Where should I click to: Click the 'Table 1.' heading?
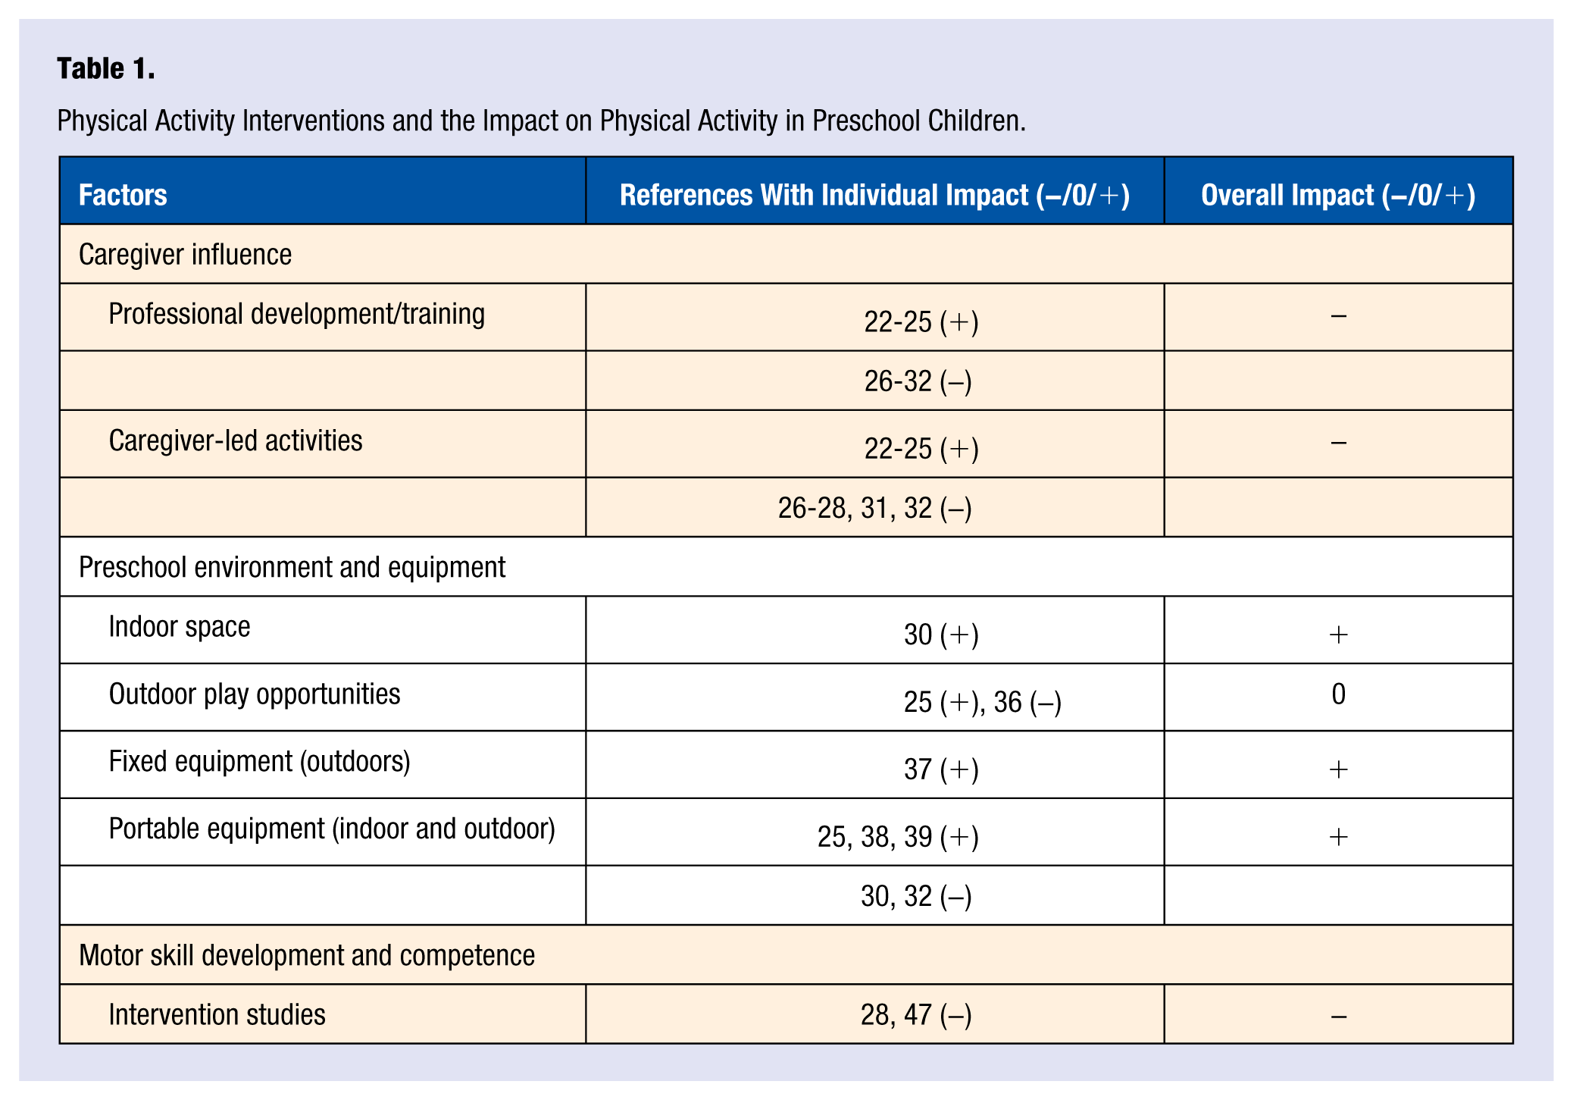point(106,69)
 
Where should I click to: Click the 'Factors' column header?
point(123,195)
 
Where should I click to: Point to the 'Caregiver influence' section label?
point(185,255)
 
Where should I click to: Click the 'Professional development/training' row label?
point(297,314)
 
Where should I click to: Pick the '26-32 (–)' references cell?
point(918,381)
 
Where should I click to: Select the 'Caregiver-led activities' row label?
point(236,440)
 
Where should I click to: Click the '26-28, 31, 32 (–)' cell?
point(874,508)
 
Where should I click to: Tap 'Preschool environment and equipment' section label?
point(292,567)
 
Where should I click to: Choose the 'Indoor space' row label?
point(180,627)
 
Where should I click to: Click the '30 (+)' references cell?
point(941,635)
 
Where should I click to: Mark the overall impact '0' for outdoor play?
point(1338,694)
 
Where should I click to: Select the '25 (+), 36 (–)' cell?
point(982,702)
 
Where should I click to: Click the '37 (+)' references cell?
point(941,769)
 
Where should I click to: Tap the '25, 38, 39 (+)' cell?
point(898,837)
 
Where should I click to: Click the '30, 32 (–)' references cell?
point(916,896)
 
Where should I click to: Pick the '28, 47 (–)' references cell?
point(916,1015)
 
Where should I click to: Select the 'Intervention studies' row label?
point(217,1015)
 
